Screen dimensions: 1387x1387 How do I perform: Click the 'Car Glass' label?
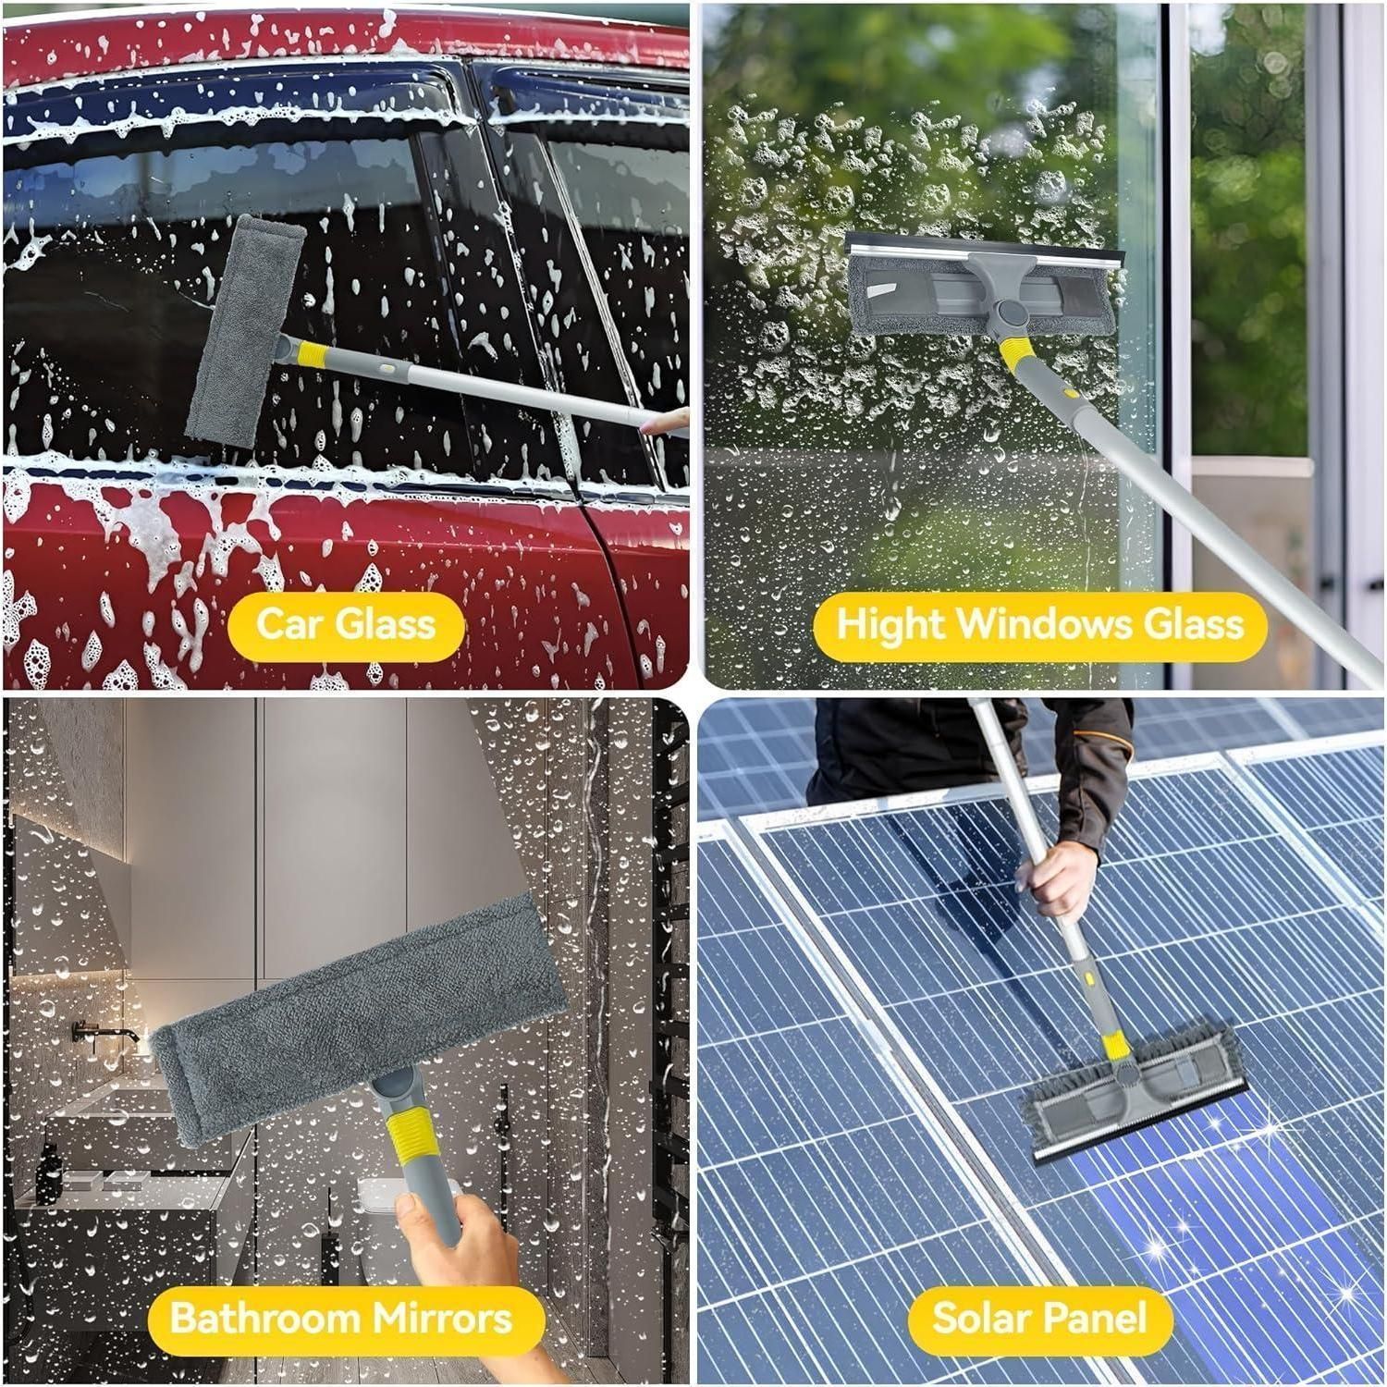[346, 623]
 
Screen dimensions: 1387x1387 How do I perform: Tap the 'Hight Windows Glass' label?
[1040, 624]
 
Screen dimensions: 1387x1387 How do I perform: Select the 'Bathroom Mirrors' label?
[341, 1318]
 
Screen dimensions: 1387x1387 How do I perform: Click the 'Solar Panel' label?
[1039, 1318]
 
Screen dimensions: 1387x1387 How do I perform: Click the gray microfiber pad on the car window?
[246, 332]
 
